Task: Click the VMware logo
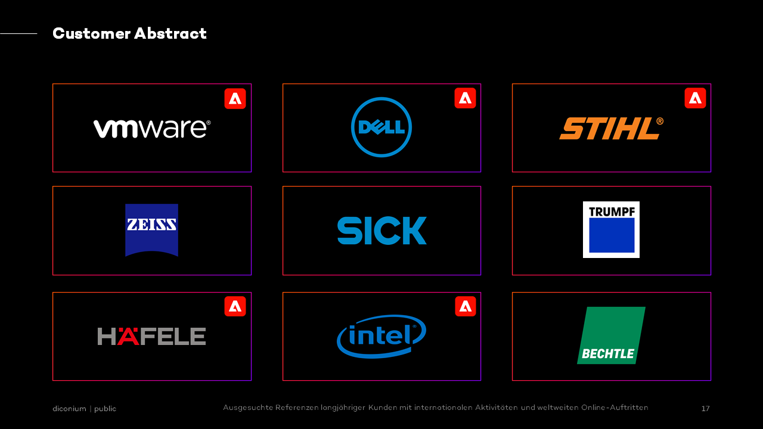click(x=152, y=129)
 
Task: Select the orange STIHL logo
click(x=612, y=128)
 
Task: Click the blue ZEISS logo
click(x=151, y=230)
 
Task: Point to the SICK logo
click(x=382, y=231)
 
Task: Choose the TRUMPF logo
click(x=611, y=229)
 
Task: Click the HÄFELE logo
click(x=151, y=337)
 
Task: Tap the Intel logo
click(x=381, y=337)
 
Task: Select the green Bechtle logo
click(x=611, y=335)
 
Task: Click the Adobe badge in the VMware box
click(x=235, y=99)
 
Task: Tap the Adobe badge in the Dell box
click(x=466, y=98)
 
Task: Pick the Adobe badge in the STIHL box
click(x=695, y=98)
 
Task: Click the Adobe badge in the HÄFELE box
click(x=235, y=306)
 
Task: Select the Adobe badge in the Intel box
click(x=466, y=306)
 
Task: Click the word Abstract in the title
click(x=170, y=33)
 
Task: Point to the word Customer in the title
click(x=92, y=33)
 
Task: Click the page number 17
click(x=705, y=408)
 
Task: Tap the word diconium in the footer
click(x=69, y=409)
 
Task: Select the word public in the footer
click(x=105, y=409)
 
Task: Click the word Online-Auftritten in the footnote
click(x=615, y=408)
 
